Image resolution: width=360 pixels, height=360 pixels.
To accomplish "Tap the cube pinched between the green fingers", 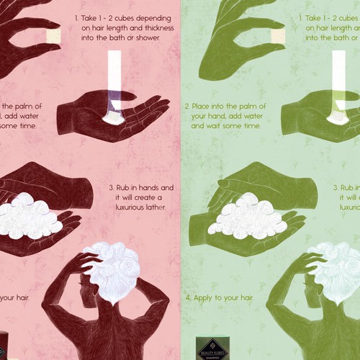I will click(x=275, y=37).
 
